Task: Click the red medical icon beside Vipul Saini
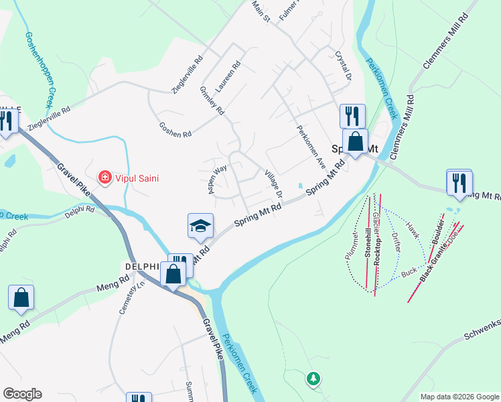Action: click(104, 178)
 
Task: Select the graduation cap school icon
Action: click(200, 226)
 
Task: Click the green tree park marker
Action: click(313, 379)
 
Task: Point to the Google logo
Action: click(22, 394)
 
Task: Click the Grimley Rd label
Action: click(212, 101)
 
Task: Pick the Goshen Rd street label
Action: click(175, 129)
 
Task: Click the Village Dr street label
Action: click(274, 184)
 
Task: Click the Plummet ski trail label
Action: click(352, 246)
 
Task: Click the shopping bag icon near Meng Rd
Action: click(21, 297)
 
